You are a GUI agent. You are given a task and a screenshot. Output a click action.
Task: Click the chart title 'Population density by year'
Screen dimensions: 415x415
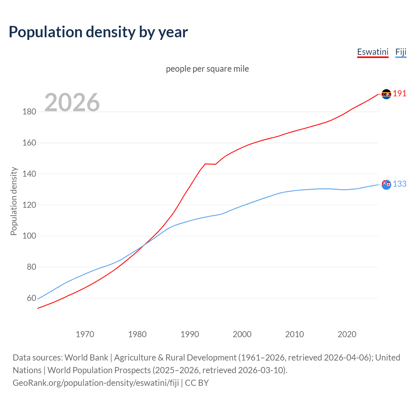coord(98,32)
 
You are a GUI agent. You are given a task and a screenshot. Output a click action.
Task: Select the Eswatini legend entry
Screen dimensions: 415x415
coord(373,52)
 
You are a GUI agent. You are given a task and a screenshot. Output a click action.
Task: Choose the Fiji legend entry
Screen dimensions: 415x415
coord(401,52)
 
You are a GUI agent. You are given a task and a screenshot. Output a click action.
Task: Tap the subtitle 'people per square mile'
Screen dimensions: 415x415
coord(207,69)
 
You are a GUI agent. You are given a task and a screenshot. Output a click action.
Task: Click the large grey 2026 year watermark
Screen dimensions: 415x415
coord(72,102)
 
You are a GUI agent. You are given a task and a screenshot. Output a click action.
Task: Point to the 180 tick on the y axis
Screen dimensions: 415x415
coord(29,112)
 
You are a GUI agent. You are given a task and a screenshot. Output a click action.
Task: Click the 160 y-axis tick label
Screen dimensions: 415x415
coord(29,143)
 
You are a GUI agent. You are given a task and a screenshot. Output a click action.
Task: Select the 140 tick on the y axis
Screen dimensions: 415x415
coord(29,174)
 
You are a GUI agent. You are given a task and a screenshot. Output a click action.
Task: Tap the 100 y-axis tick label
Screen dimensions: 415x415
coord(29,236)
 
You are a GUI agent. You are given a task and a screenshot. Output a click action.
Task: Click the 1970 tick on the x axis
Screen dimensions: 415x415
coord(85,334)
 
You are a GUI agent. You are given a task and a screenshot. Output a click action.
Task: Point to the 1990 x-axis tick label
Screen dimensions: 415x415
coord(190,334)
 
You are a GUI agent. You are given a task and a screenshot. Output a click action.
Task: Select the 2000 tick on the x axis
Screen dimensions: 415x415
coord(242,334)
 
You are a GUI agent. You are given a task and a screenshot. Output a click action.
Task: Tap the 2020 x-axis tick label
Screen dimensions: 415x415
coord(347,334)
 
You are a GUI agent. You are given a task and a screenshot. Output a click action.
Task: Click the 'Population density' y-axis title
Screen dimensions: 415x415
coord(14,201)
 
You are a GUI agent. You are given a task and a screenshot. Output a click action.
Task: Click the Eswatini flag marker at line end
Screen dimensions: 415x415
coord(386,94)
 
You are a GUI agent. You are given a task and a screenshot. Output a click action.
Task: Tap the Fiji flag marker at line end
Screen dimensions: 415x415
coord(386,184)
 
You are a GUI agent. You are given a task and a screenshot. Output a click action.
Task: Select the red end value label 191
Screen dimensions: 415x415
coord(399,94)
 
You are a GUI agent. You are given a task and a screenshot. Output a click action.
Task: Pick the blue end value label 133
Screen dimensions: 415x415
coord(399,184)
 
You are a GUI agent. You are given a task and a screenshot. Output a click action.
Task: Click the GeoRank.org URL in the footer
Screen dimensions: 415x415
coord(96,383)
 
